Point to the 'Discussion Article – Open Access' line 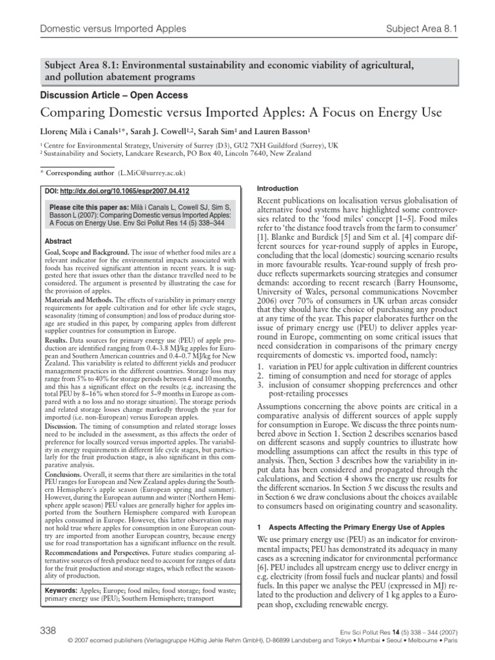(x=114, y=95)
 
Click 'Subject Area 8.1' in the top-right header (x=422, y=29)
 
